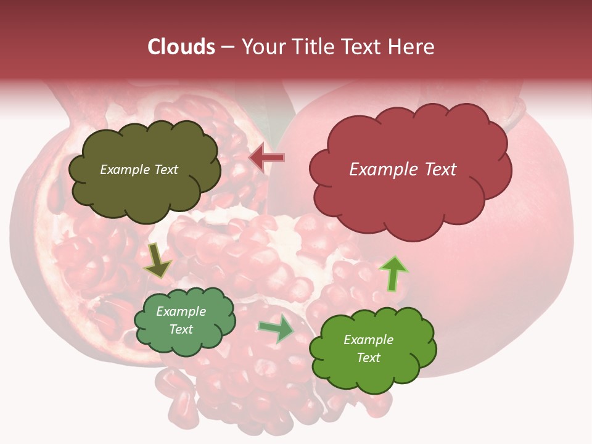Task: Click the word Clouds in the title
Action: point(181,47)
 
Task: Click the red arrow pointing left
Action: point(267,158)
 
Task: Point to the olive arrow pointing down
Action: point(158,260)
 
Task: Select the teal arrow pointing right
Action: point(276,329)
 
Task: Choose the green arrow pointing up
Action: point(393,273)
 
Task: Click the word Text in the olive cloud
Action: point(165,170)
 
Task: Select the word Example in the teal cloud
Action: point(181,311)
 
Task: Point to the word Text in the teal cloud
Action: point(181,329)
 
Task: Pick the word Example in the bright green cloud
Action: point(369,340)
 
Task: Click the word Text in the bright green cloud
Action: point(369,358)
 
